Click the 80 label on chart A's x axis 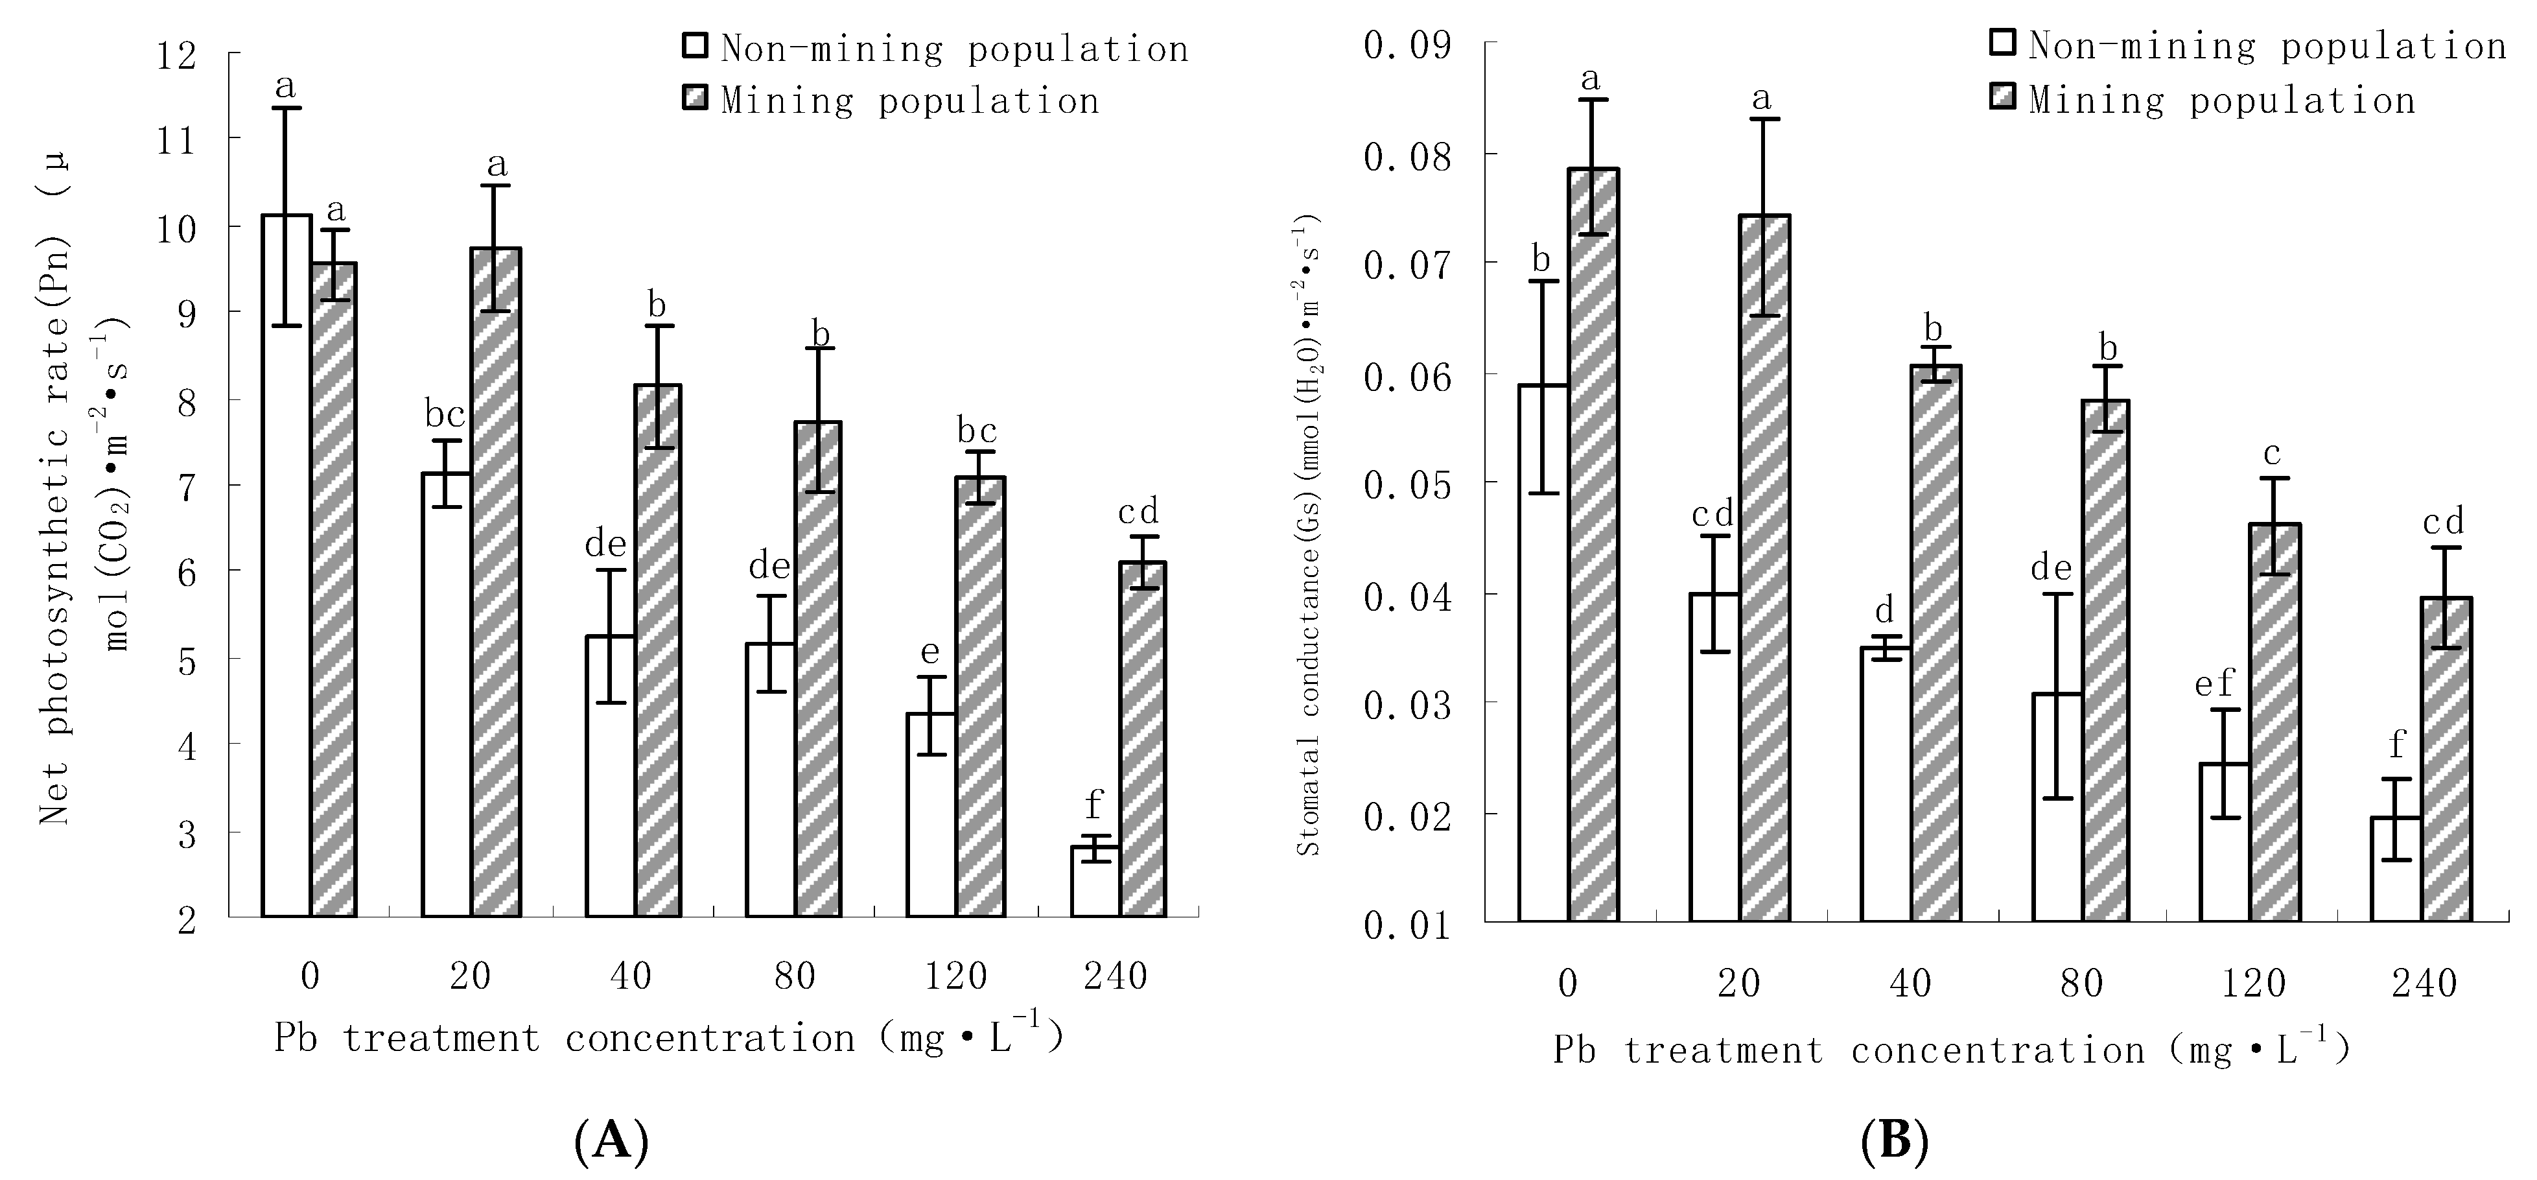click(794, 976)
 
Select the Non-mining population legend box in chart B click(2003, 43)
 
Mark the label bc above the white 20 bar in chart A click(445, 415)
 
